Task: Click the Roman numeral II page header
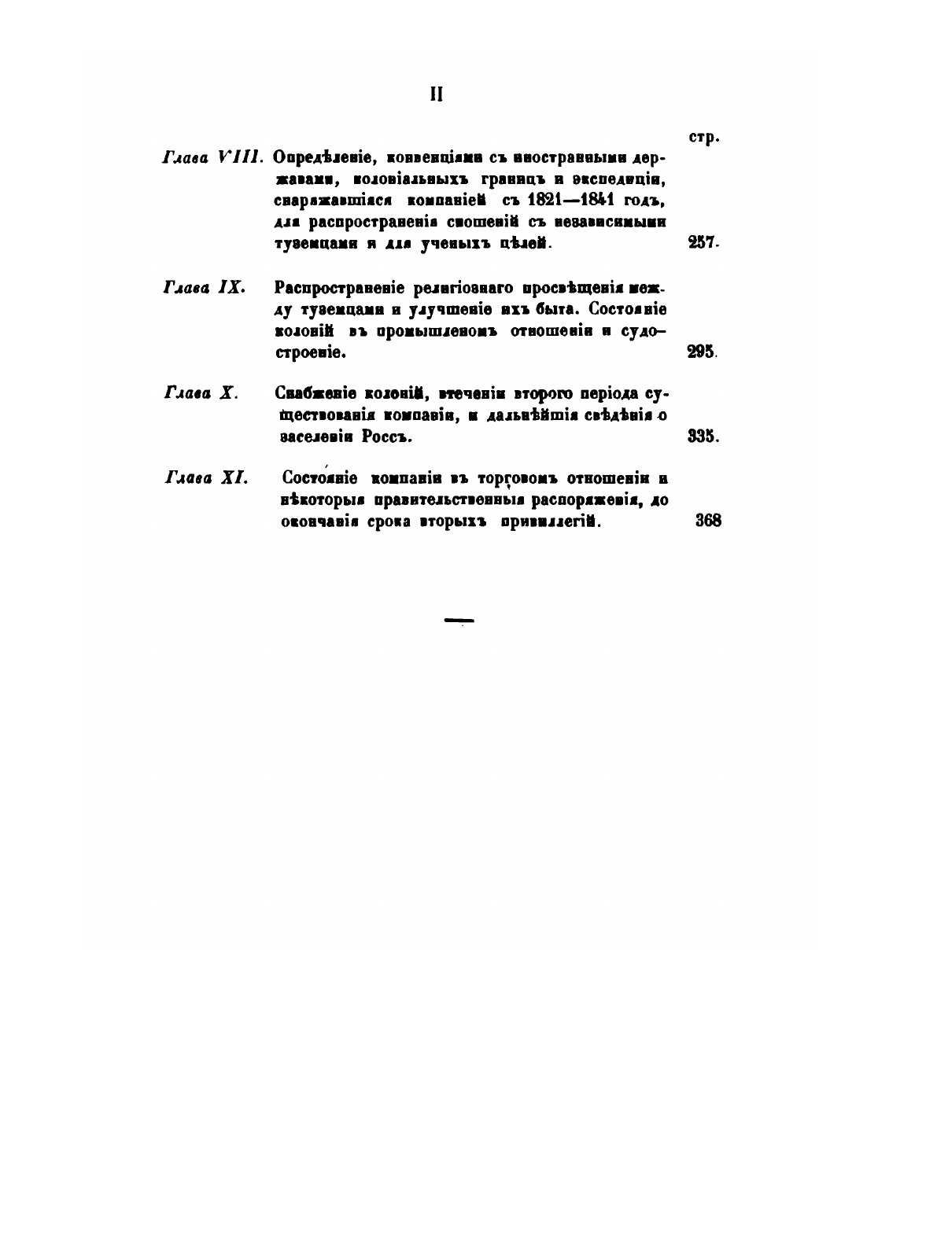437,95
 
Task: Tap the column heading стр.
704,138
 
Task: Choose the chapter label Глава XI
207,477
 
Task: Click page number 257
703,244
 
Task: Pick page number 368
708,521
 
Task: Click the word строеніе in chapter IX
311,353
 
